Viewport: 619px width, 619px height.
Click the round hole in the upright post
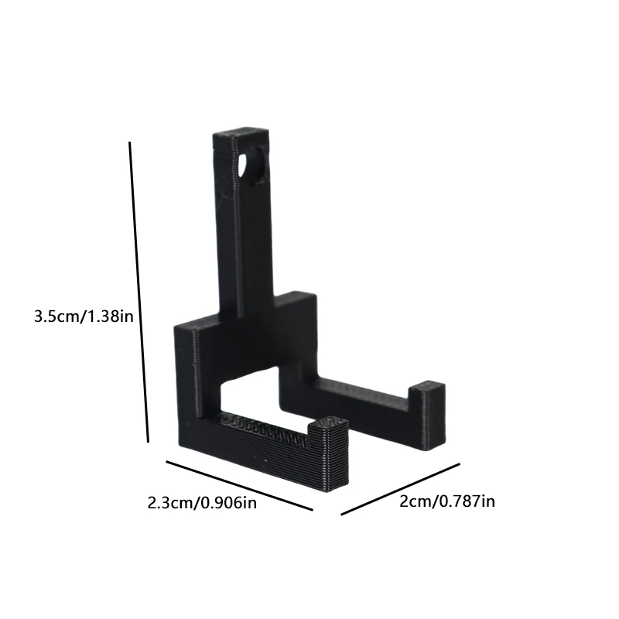(254, 166)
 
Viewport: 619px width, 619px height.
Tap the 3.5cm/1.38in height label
(84, 316)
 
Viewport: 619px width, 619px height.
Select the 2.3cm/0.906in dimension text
(202, 503)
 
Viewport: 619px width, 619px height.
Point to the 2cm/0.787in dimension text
(447, 501)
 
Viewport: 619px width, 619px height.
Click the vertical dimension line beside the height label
(139, 292)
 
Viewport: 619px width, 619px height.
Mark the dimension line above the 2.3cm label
(239, 485)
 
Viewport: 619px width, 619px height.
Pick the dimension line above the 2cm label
(400, 489)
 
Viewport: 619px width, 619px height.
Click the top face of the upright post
(241, 134)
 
